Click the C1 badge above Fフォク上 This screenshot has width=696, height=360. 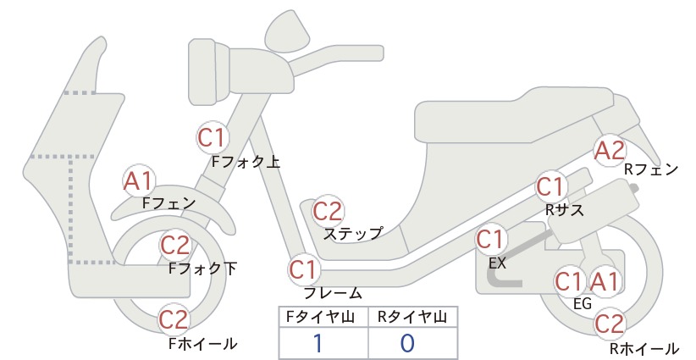click(213, 137)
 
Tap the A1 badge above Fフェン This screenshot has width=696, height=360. click(139, 181)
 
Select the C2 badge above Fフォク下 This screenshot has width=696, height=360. click(175, 245)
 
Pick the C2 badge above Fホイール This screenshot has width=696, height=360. click(174, 319)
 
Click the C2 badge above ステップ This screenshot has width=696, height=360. click(328, 211)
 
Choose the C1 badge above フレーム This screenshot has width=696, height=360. click(304, 269)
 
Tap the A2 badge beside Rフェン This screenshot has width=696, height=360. click(610, 151)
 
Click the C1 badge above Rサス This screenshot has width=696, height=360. click(551, 187)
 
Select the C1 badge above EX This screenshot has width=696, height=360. click(491, 240)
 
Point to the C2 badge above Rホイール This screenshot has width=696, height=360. click(610, 324)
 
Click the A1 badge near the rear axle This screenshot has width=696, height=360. click(605, 281)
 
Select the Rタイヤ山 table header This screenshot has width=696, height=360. click(412, 317)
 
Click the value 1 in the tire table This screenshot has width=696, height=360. click(318, 343)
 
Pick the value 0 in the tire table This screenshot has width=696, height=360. click(407, 343)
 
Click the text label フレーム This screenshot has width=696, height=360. click(333, 293)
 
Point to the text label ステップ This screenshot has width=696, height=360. click(353, 234)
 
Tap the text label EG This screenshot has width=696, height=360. click(583, 303)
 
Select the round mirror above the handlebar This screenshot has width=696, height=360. click(288, 31)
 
